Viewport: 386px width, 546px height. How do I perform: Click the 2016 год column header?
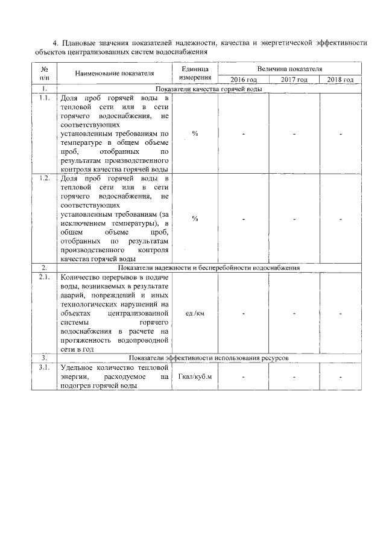coord(244,80)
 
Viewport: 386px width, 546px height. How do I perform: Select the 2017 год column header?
coord(294,80)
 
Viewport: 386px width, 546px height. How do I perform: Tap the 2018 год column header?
coord(341,80)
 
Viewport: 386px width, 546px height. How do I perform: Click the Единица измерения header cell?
coord(195,74)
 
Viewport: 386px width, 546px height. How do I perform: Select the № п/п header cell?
coord(44,74)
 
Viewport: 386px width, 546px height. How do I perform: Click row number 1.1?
coord(44,98)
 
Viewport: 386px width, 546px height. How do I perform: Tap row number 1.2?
coord(44,179)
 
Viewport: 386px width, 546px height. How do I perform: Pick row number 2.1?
coord(44,277)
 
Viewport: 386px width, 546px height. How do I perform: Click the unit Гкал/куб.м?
coord(195,377)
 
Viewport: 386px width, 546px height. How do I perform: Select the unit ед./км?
coord(195,314)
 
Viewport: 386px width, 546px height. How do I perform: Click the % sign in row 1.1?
coord(195,133)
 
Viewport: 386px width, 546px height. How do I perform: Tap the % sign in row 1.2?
coord(195,218)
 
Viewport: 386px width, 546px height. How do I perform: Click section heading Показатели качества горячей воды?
coord(209,89)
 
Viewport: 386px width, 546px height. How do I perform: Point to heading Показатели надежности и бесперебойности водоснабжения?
coord(209,267)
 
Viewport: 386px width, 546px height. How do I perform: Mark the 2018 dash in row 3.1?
coord(341,378)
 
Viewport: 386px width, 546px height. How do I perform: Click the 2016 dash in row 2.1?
coord(244,314)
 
